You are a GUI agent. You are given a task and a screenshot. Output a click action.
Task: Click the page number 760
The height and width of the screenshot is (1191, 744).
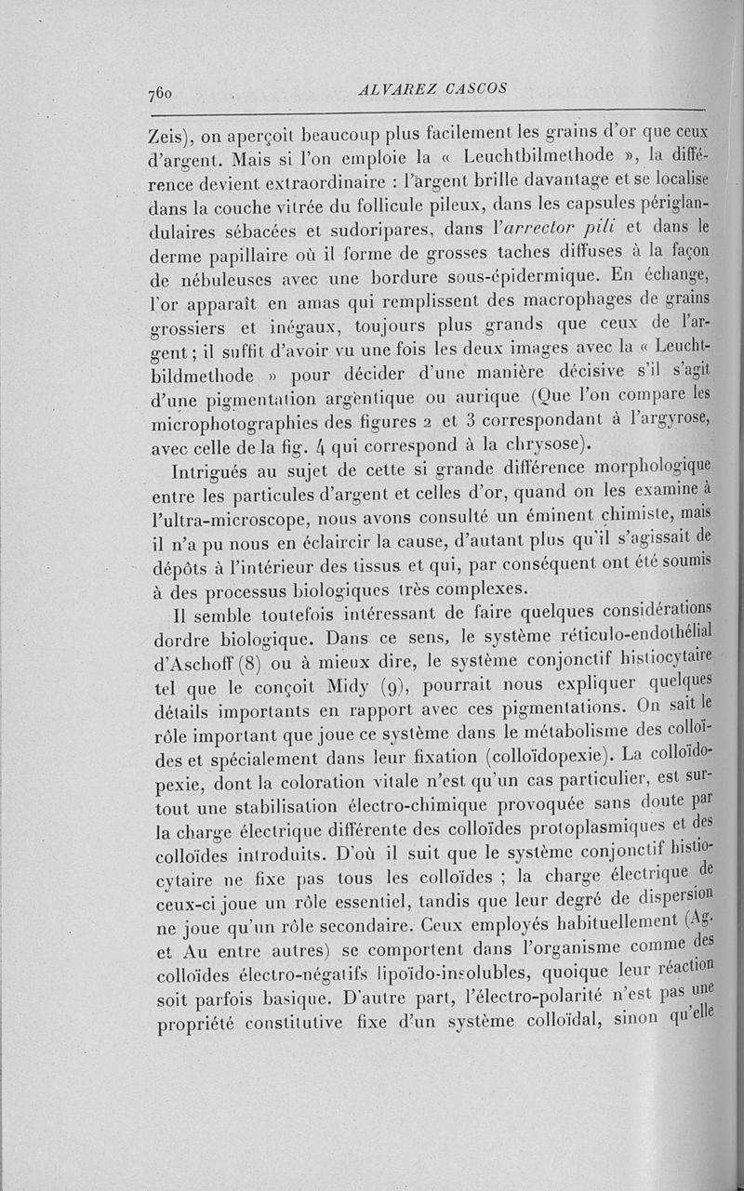tap(162, 93)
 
